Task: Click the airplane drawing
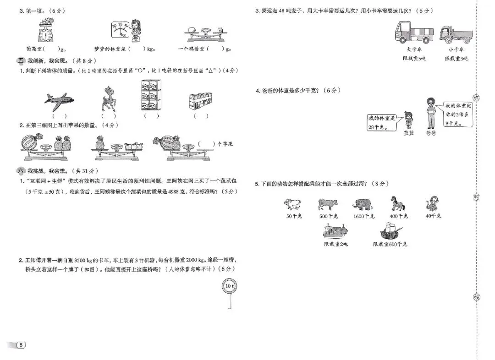[x=59, y=101]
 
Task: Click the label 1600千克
[x=364, y=216]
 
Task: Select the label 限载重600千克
[x=390, y=244]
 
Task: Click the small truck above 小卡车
[x=456, y=34]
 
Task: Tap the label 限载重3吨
[x=456, y=58]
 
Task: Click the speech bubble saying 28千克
[x=381, y=123]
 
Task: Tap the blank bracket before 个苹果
[x=206, y=144]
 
